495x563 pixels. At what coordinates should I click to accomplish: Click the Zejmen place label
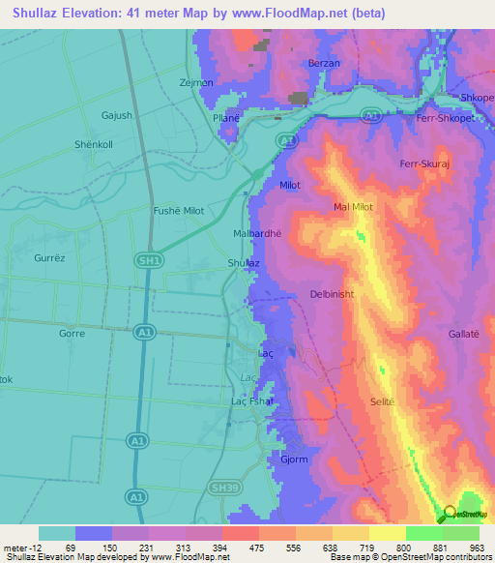[x=196, y=82]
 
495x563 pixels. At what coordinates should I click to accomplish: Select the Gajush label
[x=116, y=115]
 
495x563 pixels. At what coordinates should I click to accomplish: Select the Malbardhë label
[x=257, y=233]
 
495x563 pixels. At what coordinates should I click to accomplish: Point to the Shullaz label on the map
[x=243, y=262]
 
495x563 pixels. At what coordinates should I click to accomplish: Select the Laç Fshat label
[x=252, y=400]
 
